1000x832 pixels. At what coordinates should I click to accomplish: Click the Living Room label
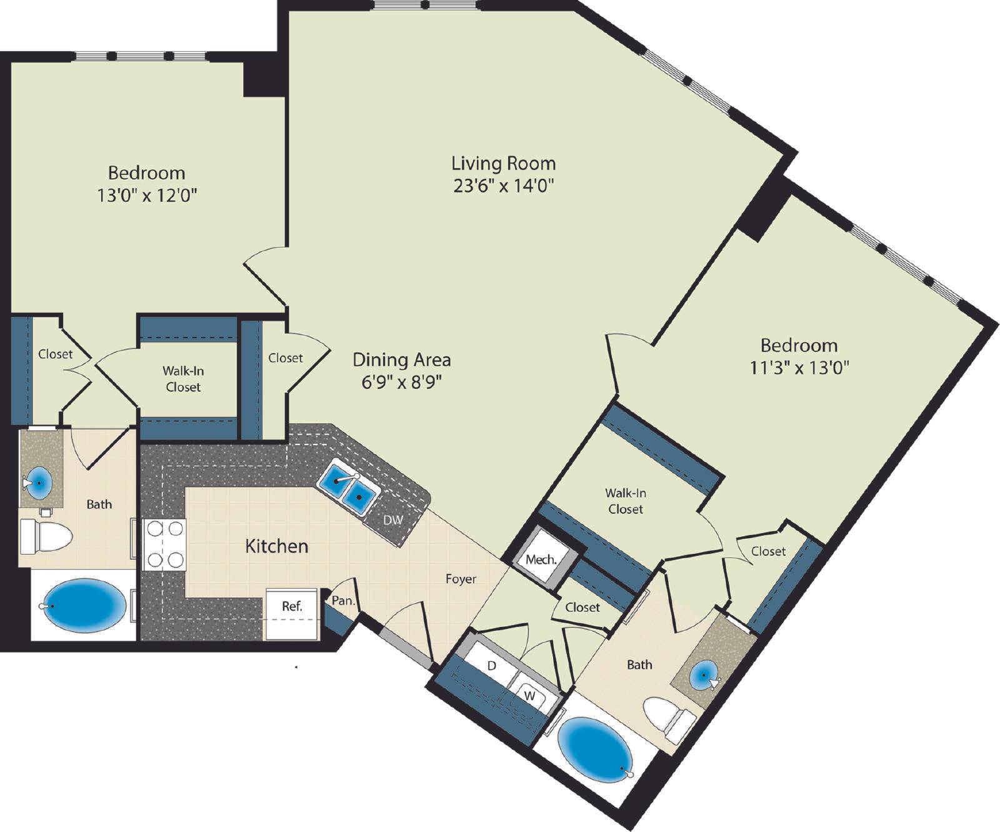[x=504, y=163]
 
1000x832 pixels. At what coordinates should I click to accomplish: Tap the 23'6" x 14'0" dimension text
[x=504, y=186]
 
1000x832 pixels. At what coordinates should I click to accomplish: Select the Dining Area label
[x=402, y=360]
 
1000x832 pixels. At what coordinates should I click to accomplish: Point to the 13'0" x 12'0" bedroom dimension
[x=147, y=196]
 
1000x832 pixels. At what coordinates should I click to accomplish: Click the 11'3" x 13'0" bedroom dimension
[x=799, y=368]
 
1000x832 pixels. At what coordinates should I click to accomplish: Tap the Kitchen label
[x=277, y=546]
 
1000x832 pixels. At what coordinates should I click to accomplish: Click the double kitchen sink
[x=347, y=487]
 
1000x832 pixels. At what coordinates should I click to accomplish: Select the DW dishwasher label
[x=393, y=519]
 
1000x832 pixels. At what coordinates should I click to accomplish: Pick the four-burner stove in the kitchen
[x=164, y=544]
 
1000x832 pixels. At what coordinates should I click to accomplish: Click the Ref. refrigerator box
[x=292, y=614]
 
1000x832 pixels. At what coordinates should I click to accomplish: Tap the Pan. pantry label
[x=343, y=601]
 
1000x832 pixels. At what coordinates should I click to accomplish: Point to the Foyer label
[x=461, y=579]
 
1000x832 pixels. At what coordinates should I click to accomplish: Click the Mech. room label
[x=541, y=559]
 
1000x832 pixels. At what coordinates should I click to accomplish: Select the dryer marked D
[x=491, y=666]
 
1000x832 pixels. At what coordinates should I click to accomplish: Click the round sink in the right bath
[x=704, y=675]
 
